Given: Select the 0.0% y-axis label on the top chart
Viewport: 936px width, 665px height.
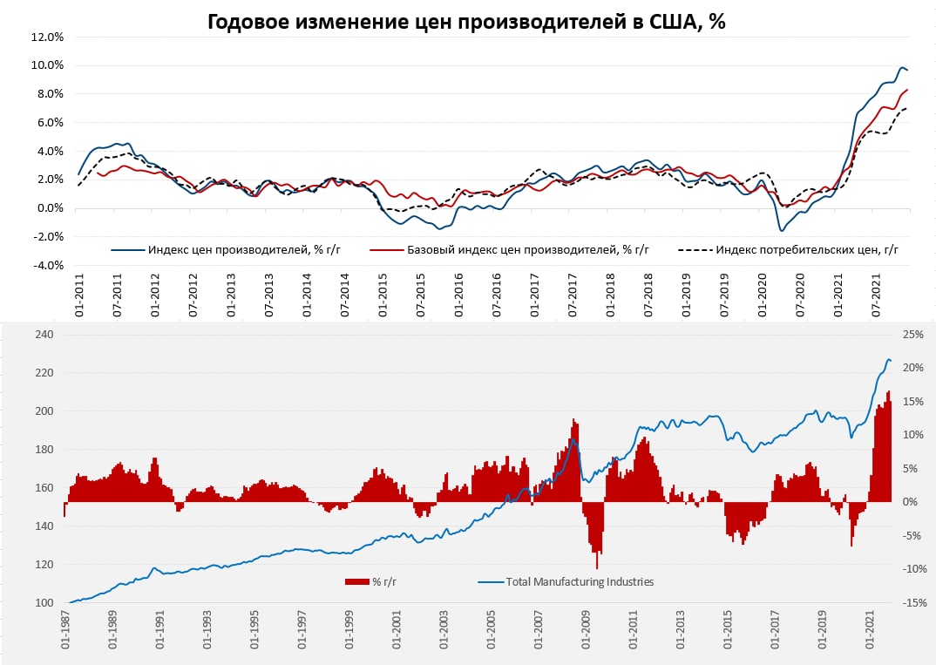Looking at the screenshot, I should (x=49, y=208).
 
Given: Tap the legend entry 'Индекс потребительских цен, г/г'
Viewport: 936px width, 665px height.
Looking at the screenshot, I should (x=806, y=250).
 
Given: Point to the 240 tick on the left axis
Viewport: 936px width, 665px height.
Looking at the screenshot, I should (x=44, y=335).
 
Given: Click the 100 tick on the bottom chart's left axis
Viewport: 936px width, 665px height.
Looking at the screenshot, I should (x=44, y=603).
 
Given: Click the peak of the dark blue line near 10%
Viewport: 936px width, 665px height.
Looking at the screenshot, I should (x=902, y=68).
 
